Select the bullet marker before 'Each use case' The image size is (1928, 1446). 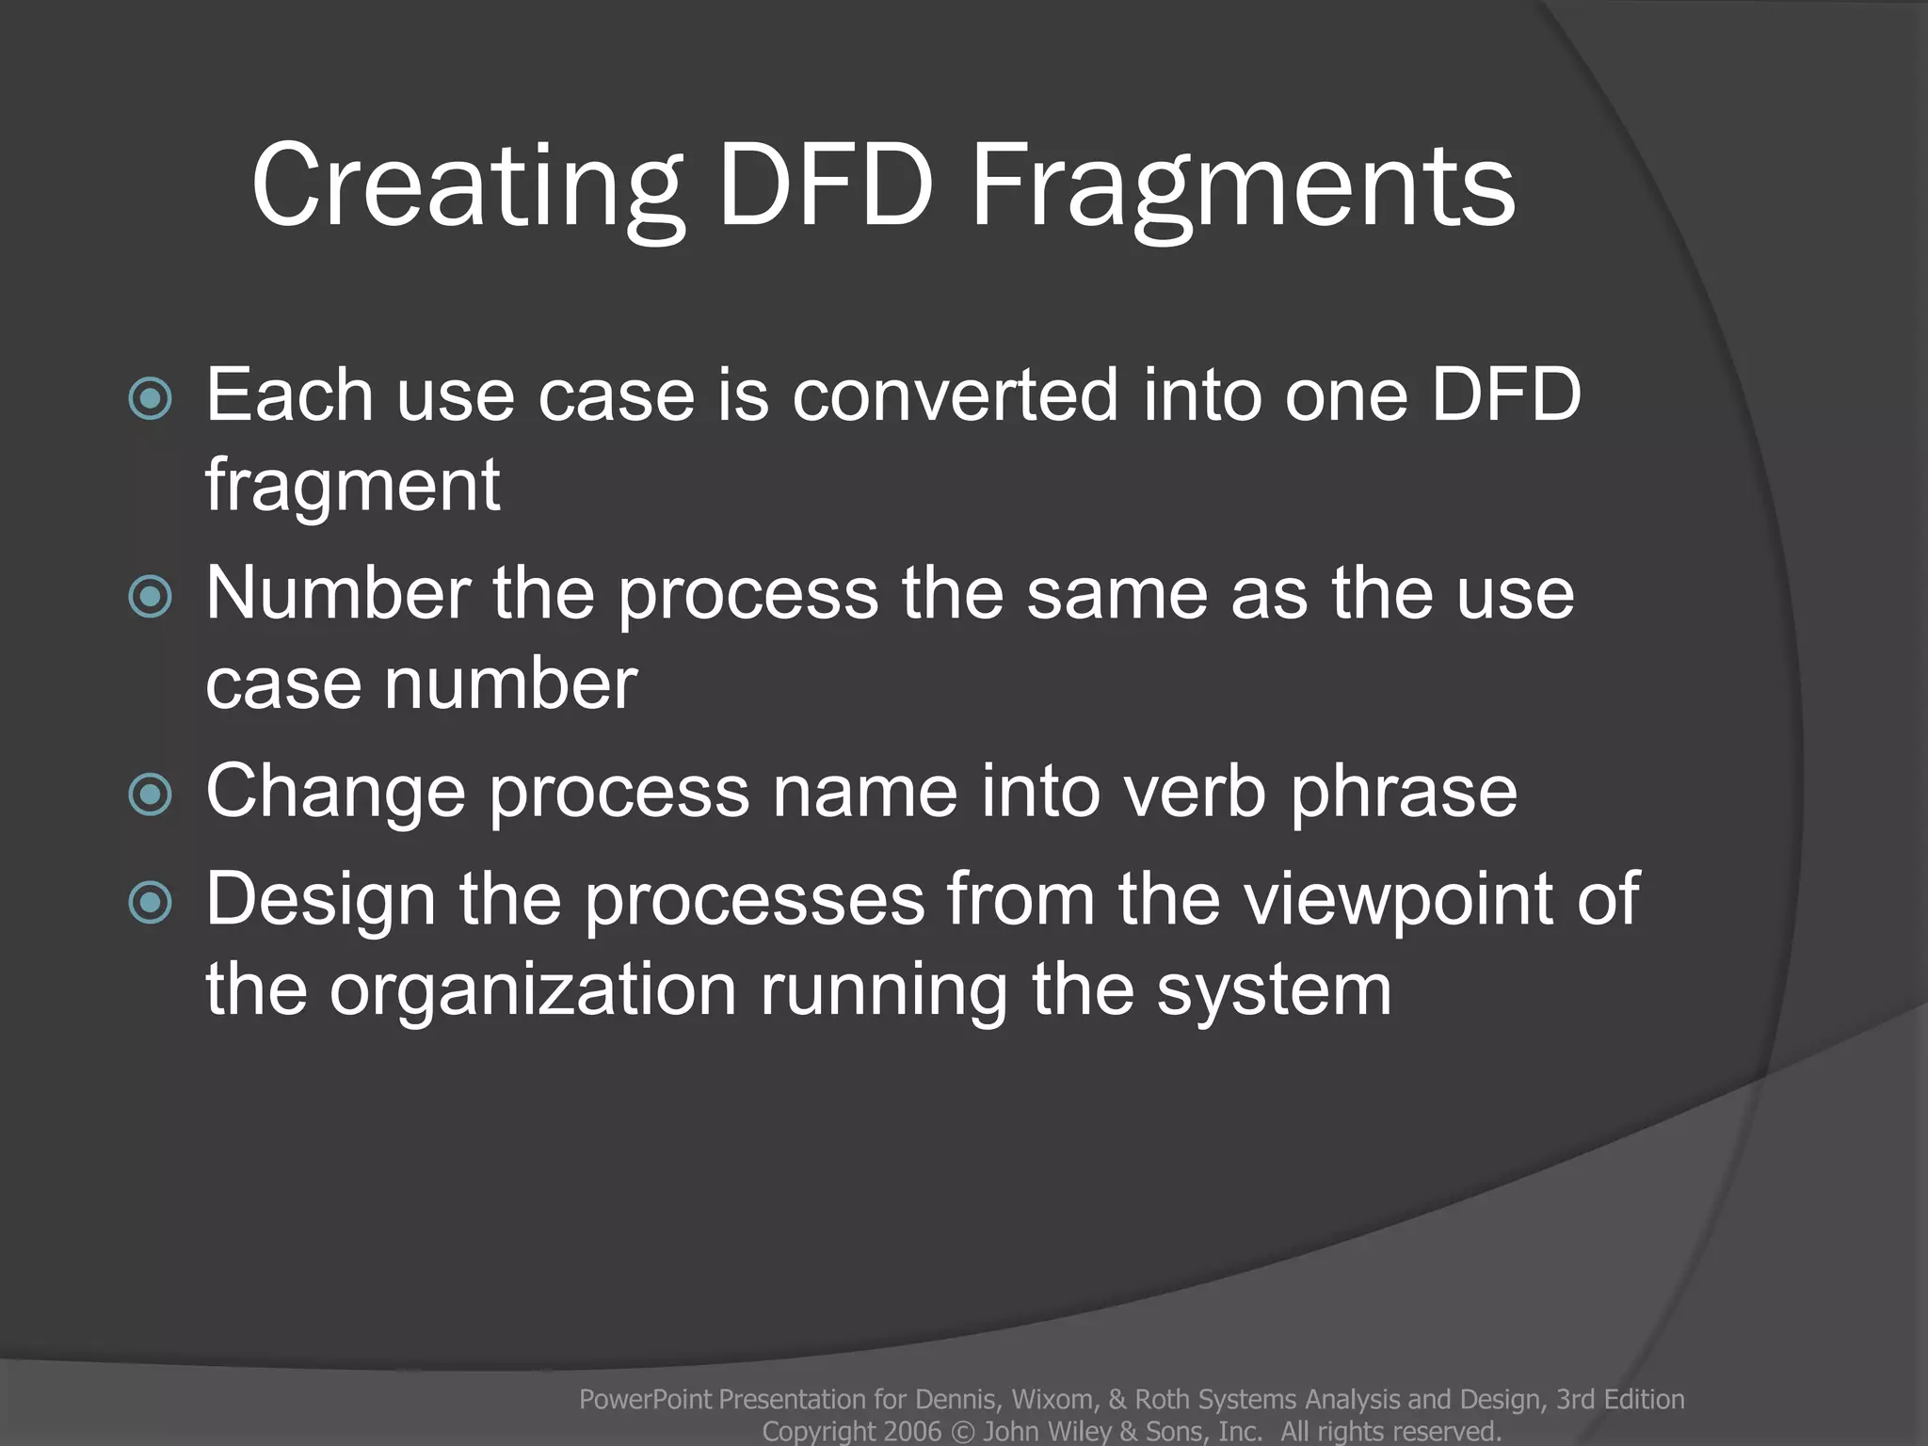pos(151,398)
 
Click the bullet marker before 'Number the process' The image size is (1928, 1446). pos(151,597)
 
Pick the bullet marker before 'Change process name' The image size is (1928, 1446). pos(151,795)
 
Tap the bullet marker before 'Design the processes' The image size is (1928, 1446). pos(151,903)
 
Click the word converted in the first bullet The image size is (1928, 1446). pos(956,394)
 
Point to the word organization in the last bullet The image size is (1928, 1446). pos(533,990)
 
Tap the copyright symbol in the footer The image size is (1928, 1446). pos(963,1431)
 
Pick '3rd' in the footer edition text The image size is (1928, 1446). pos(1575,1400)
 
